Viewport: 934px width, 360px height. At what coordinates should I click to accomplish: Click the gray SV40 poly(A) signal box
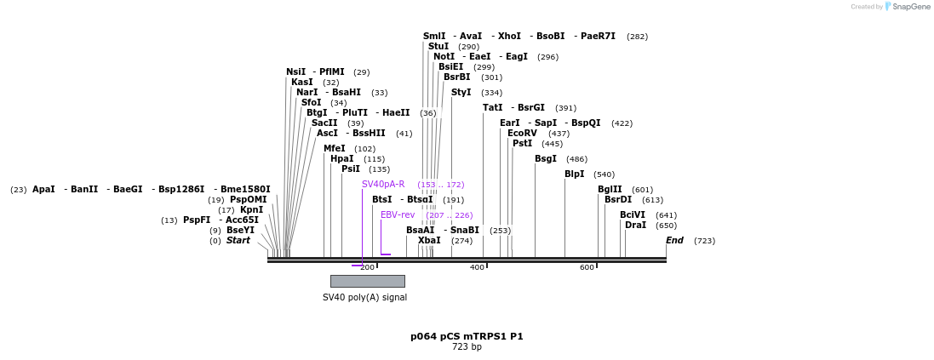(x=367, y=281)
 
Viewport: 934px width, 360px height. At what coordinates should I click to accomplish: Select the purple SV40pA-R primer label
(x=383, y=185)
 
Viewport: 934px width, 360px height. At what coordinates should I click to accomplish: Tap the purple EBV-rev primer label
(x=398, y=215)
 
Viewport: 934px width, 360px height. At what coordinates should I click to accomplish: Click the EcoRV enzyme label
(x=522, y=134)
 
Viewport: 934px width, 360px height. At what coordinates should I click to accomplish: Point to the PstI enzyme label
(x=522, y=144)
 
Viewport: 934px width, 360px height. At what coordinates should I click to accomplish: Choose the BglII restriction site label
(x=610, y=190)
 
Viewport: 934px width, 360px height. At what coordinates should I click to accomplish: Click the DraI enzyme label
(x=635, y=226)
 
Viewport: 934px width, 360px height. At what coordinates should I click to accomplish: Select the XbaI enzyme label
(x=429, y=241)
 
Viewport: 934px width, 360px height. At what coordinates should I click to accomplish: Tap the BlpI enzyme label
(x=575, y=174)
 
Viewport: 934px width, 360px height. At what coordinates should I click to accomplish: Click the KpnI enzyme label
(x=251, y=210)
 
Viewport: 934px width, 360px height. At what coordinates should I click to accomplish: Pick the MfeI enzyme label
(x=334, y=149)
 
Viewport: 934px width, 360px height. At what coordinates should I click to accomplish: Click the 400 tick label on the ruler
(x=477, y=268)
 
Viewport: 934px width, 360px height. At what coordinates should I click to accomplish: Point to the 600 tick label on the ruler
(x=587, y=268)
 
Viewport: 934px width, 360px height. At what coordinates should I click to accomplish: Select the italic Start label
(x=238, y=241)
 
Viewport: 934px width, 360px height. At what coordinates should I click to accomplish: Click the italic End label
(x=674, y=241)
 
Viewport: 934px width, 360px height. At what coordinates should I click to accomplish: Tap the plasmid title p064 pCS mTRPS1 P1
(x=467, y=336)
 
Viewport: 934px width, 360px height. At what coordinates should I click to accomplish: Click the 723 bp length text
(x=467, y=347)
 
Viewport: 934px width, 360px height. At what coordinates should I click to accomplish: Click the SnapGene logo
(x=908, y=7)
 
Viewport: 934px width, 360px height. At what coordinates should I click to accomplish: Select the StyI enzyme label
(x=461, y=93)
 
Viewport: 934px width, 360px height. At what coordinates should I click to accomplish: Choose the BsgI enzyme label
(x=545, y=159)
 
